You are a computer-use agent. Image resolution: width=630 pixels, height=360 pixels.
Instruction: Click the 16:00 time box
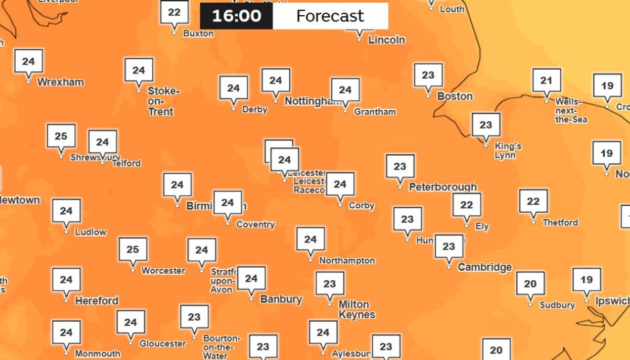click(x=236, y=16)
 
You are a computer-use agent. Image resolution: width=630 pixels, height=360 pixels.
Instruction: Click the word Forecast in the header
click(x=330, y=16)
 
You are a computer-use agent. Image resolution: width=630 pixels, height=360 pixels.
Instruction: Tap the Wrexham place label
click(x=60, y=82)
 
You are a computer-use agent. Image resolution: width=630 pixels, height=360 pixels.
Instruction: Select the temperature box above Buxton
click(x=174, y=13)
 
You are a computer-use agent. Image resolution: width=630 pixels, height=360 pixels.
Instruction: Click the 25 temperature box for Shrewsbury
click(x=61, y=136)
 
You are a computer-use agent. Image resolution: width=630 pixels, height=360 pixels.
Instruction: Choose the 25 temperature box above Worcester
click(x=133, y=250)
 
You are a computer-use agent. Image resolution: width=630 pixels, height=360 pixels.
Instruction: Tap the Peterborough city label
click(x=443, y=187)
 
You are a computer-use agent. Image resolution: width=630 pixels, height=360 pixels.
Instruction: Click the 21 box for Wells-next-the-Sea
click(x=547, y=80)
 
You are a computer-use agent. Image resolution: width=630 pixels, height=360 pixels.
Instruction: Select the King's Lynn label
click(x=507, y=151)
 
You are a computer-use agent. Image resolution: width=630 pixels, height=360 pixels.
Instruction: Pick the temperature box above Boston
click(x=428, y=75)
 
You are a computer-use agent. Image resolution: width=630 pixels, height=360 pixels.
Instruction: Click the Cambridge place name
click(x=484, y=267)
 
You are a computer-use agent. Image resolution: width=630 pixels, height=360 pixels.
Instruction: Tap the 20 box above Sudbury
click(x=530, y=284)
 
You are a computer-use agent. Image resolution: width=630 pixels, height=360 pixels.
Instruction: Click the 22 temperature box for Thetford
click(x=533, y=202)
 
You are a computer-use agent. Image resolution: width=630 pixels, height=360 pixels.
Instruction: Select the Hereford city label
click(x=96, y=301)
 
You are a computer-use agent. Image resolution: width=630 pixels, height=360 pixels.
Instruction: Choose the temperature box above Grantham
click(x=345, y=90)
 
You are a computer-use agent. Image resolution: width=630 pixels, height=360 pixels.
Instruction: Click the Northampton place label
click(x=346, y=260)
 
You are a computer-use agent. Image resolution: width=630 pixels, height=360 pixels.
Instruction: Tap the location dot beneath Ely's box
click(x=467, y=226)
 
